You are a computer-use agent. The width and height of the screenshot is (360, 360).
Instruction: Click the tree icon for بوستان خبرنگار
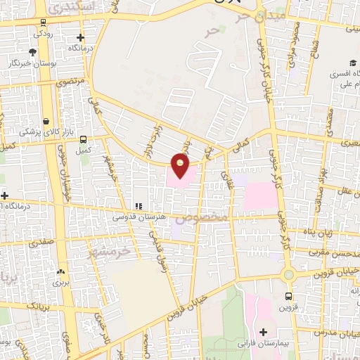[32, 52]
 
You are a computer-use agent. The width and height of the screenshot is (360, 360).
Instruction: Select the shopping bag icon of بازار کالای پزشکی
[46, 121]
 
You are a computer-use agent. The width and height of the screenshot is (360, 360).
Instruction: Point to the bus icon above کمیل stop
[84, 139]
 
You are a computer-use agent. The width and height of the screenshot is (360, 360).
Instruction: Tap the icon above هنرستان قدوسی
[138, 207]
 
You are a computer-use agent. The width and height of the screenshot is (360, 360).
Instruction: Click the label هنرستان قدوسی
[140, 218]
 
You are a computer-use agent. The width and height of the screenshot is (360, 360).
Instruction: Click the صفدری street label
[41, 240]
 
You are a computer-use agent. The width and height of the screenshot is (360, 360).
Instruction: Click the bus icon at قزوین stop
[288, 296]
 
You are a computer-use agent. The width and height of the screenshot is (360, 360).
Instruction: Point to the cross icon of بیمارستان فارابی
[263, 331]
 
